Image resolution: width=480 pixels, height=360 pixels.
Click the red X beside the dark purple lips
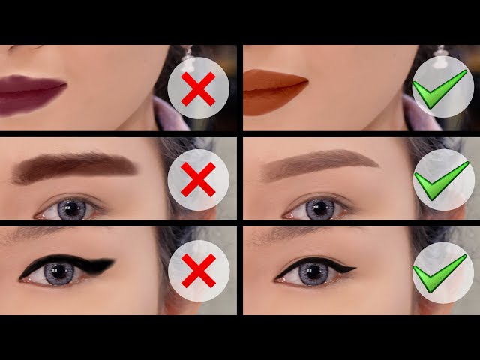pyautogui.click(x=198, y=90)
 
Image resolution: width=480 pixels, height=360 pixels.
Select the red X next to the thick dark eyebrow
pyautogui.click(x=198, y=179)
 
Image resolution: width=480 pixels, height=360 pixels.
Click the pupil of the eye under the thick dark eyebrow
pyautogui.click(x=72, y=209)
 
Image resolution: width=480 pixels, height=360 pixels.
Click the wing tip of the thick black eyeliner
pyautogui.click(x=113, y=262)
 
